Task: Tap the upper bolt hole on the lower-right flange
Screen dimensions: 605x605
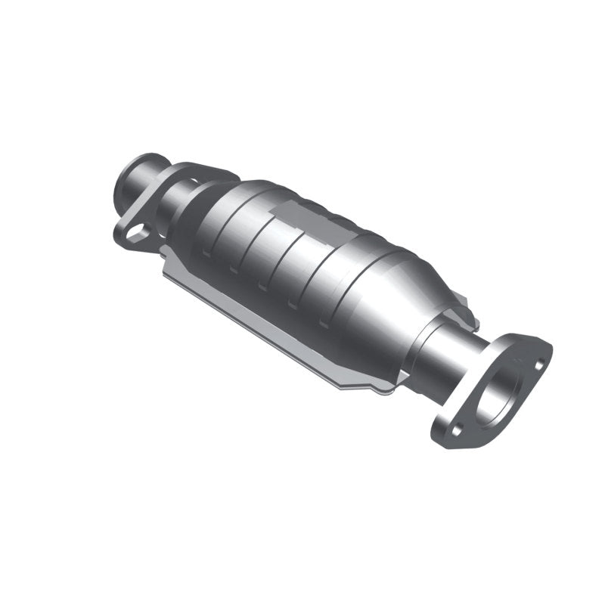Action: [x=538, y=365]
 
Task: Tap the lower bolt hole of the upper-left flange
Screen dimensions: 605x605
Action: [x=135, y=234]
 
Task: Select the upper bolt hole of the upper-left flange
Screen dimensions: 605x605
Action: [x=194, y=181]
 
